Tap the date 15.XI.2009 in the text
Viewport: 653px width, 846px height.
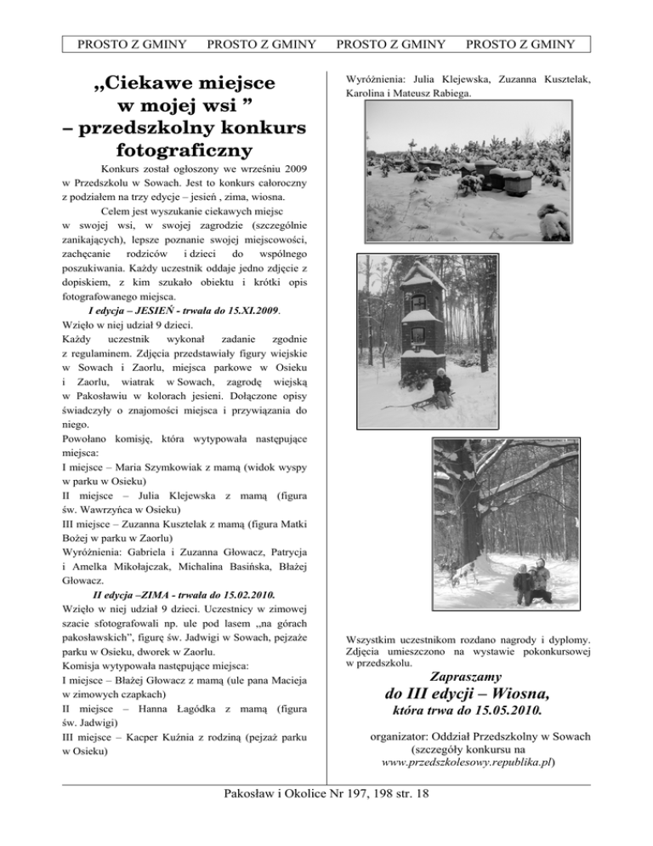pos(248,310)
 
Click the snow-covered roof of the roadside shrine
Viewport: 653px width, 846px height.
pos(422,276)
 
